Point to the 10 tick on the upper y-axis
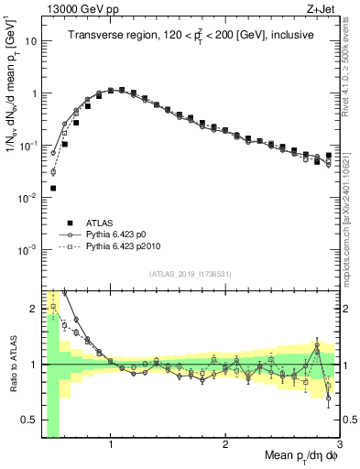[31, 41]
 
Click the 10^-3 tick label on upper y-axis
[27, 250]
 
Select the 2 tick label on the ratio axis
[33, 307]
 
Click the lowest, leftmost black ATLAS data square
[53, 188]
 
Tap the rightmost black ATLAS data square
[329, 156]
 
